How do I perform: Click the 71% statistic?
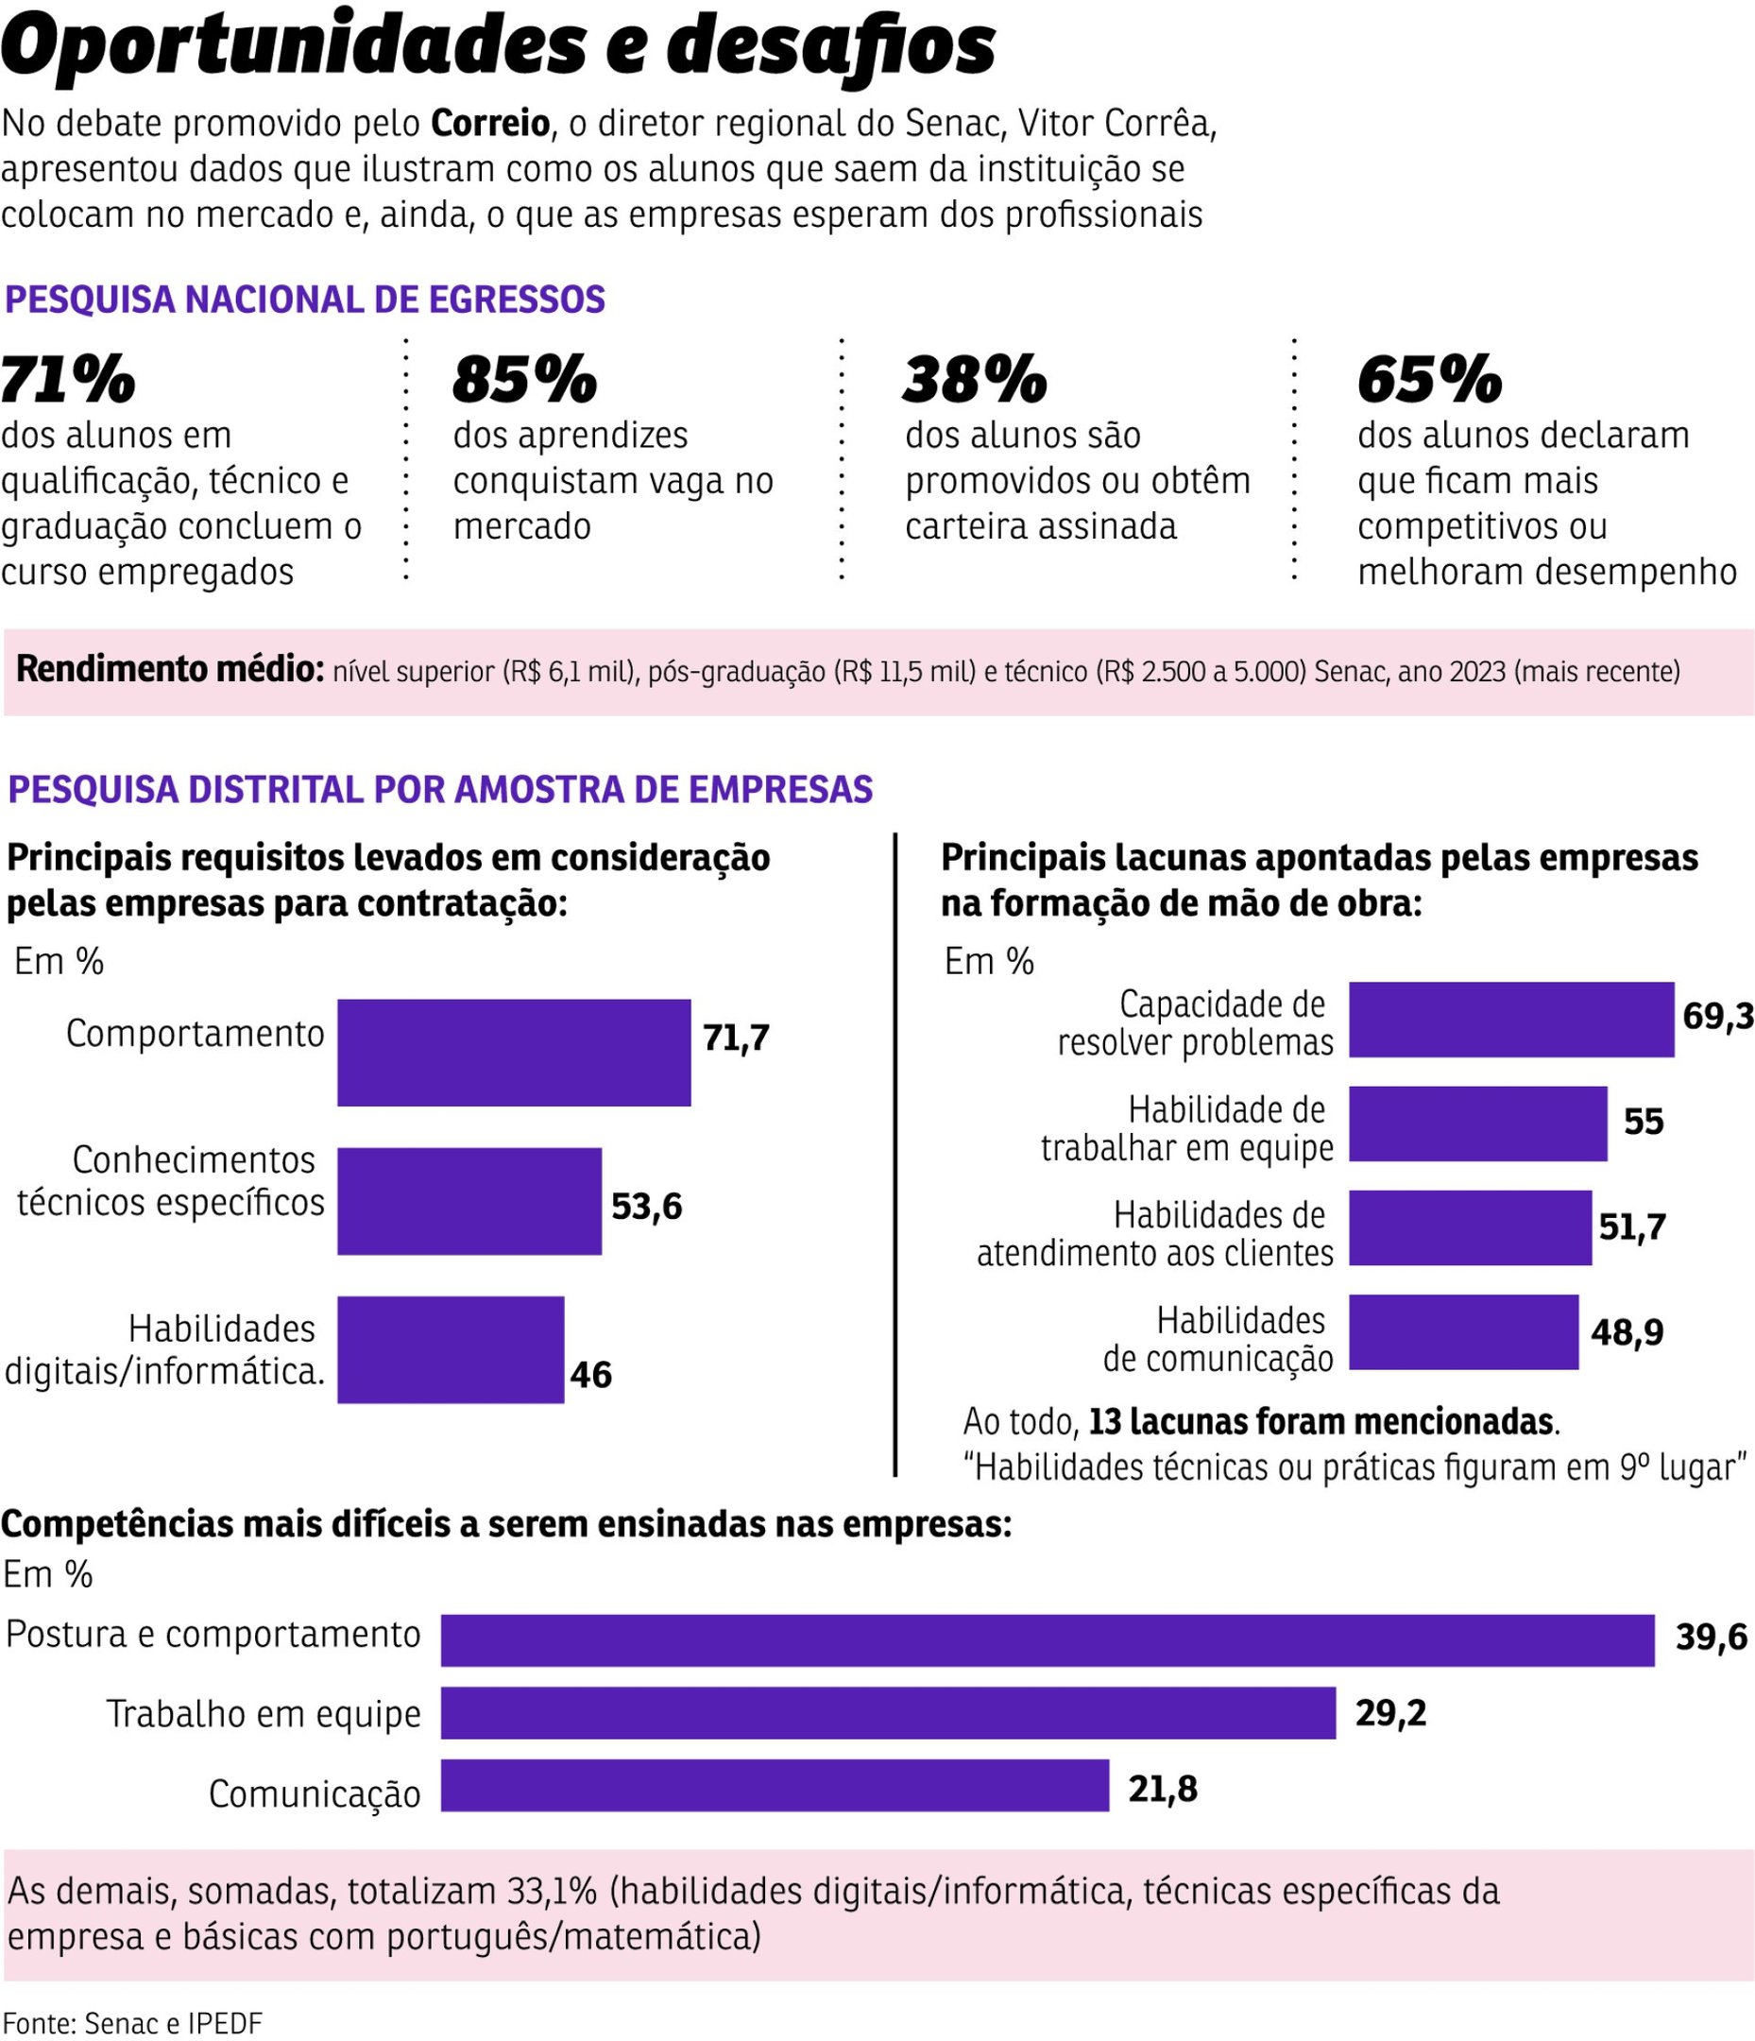[67, 379]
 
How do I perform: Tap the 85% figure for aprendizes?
[524, 379]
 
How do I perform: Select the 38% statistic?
[974, 379]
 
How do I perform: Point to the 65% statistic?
[1429, 379]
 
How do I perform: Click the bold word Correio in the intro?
[489, 124]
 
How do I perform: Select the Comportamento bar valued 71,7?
[513, 1052]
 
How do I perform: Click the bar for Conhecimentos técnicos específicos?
[469, 1201]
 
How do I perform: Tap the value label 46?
[590, 1374]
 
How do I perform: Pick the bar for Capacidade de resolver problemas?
[1510, 1020]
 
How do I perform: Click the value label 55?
[1643, 1122]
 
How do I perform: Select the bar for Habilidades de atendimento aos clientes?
[1470, 1227]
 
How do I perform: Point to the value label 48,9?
[1627, 1332]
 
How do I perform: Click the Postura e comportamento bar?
[1046, 1640]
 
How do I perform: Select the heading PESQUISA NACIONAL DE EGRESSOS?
[305, 300]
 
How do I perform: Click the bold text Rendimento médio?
[169, 669]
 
